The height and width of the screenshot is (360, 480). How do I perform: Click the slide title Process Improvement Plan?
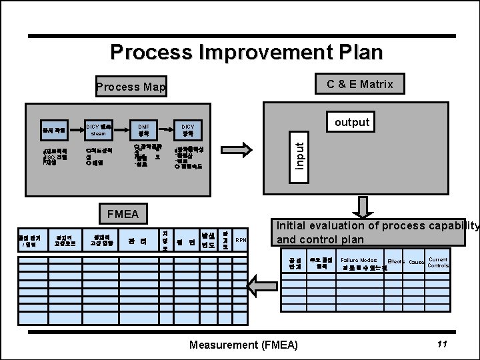tap(247, 51)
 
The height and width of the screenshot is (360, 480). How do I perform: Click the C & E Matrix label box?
tap(359, 84)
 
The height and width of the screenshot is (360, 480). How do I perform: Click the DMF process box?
tap(143, 127)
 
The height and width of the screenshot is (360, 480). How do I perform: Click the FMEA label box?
tap(122, 214)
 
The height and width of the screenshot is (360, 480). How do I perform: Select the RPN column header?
tap(241, 241)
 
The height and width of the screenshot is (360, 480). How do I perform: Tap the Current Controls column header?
tap(438, 262)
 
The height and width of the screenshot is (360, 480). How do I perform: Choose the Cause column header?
tap(417, 263)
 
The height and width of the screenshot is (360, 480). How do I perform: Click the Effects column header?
tap(397, 263)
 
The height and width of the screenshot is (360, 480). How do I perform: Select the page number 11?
tap(441, 344)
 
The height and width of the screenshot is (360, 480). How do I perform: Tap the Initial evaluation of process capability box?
tap(377, 232)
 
